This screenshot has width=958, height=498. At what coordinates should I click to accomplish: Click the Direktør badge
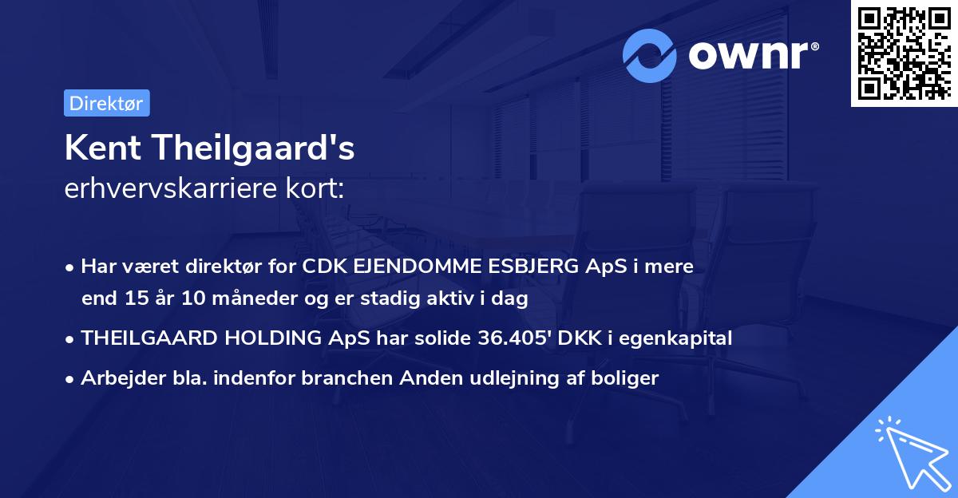[106, 103]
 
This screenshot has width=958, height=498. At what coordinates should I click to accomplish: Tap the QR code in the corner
[904, 53]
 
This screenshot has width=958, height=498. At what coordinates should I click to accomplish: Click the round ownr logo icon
[650, 55]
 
